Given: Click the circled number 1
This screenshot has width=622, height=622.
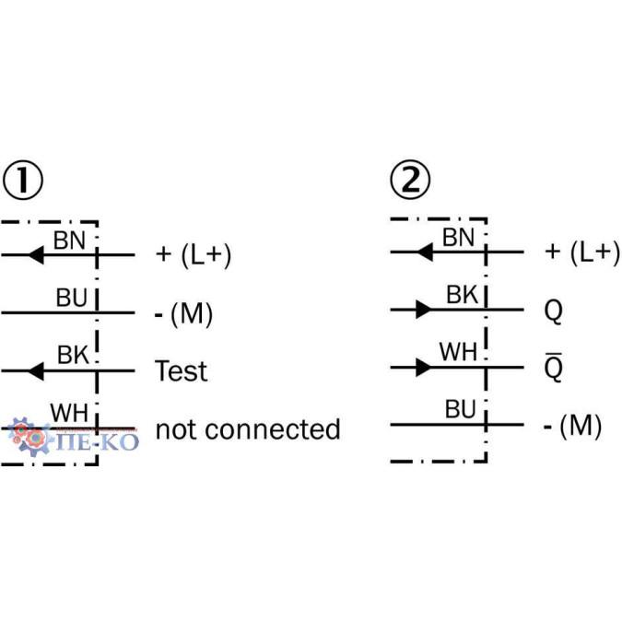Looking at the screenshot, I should (x=24, y=182).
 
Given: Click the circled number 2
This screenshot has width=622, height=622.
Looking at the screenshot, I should (x=410, y=182).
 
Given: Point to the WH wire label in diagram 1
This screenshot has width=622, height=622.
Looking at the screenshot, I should (x=69, y=414).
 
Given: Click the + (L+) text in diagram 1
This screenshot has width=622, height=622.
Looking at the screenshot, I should (x=194, y=253).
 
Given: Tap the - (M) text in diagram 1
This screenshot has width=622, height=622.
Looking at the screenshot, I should (x=183, y=313).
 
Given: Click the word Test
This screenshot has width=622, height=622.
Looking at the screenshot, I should (x=181, y=371).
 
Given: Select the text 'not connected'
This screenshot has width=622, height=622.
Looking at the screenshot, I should (x=247, y=428).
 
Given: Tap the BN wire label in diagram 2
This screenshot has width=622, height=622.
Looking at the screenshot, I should (x=458, y=237).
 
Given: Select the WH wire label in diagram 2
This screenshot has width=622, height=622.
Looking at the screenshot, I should (x=458, y=353).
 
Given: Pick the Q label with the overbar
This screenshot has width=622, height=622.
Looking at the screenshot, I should (x=553, y=369).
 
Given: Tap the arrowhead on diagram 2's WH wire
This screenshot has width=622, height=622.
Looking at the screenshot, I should (x=424, y=368).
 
